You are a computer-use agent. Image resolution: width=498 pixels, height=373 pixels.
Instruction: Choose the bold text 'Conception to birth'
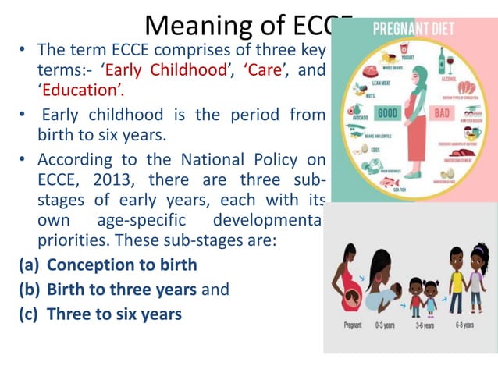pos(122,264)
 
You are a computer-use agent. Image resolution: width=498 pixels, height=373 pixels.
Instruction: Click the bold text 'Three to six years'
pos(114,314)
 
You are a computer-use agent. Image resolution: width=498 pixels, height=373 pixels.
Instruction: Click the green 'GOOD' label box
pos(387,112)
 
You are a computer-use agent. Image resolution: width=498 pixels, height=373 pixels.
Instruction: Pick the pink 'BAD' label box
pos(443,112)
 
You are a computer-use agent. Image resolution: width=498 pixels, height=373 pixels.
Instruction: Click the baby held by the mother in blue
pos(393,289)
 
